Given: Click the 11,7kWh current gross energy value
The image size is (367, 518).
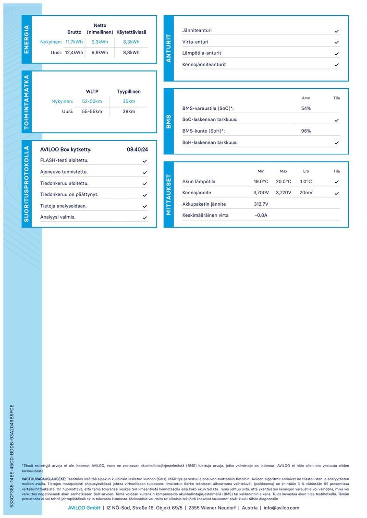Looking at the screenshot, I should point(74,42).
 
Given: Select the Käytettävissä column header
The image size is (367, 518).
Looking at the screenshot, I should point(131,32).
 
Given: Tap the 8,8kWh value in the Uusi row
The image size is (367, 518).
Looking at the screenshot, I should point(131,53).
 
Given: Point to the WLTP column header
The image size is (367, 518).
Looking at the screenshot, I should point(92,91).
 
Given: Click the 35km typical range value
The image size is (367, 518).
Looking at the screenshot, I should point(129,101).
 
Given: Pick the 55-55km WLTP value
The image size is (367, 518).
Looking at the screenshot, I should point(92,111).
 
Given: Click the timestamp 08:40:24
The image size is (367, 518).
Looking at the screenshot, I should point(137,149).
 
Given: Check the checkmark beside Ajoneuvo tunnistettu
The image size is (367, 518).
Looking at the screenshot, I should point(145,172).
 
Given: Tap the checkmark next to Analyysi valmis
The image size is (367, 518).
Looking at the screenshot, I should point(145,218).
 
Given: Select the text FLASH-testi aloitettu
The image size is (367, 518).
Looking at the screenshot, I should point(64,160).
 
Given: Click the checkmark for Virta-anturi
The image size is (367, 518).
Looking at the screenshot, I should point(337,42).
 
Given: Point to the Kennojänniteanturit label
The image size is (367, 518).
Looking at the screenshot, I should point(204,64).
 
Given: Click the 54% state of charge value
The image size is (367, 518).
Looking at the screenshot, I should point(306,108).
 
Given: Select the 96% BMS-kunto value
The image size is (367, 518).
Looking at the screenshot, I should point(306,131).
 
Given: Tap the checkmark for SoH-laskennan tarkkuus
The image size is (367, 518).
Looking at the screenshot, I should point(337,143).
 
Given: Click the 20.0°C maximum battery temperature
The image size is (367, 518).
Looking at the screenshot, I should point(283,181).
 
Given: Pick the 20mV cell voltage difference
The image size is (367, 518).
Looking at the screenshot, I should point(306,192).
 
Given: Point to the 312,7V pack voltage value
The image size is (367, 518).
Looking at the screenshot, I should point(261,204).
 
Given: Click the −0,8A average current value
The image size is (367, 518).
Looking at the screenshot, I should point(261,215).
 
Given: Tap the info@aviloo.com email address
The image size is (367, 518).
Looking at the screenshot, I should point(281,508).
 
